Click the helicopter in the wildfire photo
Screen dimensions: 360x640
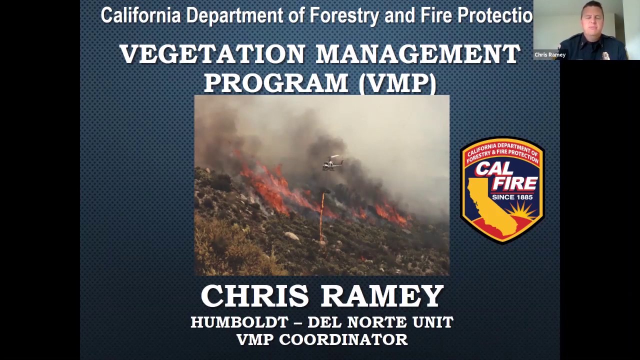coord(332,163)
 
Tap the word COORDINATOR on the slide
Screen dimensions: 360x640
coord(343,339)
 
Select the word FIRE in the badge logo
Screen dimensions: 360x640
coord(514,183)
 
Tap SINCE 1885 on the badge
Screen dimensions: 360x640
coord(512,196)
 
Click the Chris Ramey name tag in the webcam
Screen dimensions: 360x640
coord(549,55)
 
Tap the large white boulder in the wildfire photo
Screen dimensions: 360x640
coord(291,235)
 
